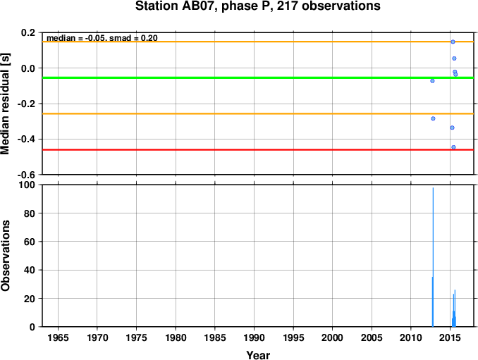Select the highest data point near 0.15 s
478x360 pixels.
453,42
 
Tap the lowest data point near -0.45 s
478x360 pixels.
453,147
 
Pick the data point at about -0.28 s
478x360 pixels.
433,118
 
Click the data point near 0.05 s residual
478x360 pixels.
454,58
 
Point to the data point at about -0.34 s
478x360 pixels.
452,128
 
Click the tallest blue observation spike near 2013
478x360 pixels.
433,257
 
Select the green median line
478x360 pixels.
258,78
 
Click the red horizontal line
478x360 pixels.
258,150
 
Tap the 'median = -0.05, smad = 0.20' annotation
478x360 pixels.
102,38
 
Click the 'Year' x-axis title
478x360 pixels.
258,355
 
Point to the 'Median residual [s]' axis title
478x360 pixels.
5,104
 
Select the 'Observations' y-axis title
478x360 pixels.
5,256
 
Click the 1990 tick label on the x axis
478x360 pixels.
254,337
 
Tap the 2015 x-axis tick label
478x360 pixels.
451,337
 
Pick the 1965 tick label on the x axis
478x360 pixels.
58,337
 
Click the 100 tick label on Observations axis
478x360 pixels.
27,185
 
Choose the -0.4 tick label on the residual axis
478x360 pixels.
26,139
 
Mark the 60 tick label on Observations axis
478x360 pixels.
30,242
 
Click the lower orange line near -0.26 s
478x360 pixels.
258,114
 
